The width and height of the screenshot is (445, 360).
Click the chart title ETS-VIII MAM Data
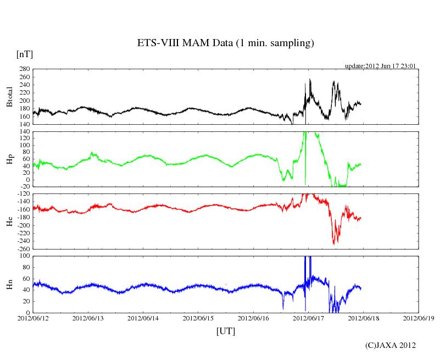click(225, 43)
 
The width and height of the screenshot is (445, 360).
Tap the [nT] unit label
click(24, 54)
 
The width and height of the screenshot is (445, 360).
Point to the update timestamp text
click(380, 66)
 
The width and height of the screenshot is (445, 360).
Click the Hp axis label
click(9, 160)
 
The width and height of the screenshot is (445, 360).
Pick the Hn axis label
click(9, 284)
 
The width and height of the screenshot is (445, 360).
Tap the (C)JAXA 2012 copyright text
click(391, 345)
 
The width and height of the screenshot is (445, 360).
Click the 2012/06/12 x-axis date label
click(33, 318)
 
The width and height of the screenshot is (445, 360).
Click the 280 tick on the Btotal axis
click(24, 69)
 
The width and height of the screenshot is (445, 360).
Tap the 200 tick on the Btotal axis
click(24, 101)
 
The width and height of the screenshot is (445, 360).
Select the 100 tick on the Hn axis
click(24, 256)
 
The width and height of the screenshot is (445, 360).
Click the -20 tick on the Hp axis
click(24, 187)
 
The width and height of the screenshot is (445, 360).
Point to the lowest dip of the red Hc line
click(334, 243)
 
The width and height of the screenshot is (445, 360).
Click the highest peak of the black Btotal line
click(310, 79)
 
